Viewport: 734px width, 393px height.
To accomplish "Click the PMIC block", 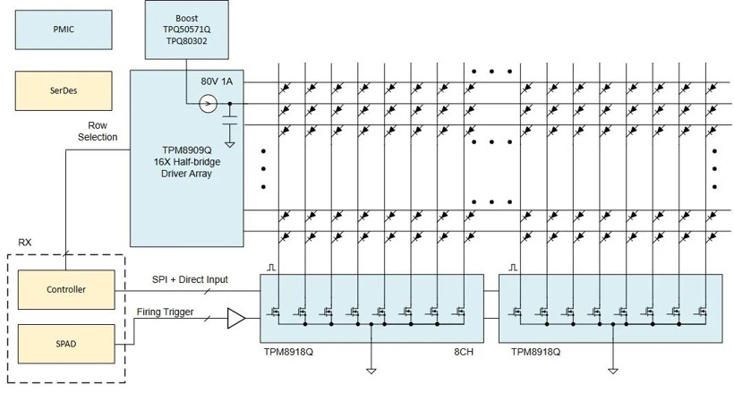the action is click(64, 30).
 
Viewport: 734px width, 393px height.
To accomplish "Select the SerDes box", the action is click(64, 91).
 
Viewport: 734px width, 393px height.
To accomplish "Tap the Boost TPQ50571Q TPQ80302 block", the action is click(187, 30).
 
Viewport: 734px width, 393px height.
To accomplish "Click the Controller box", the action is click(66, 289).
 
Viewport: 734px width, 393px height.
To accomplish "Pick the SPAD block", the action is click(66, 344).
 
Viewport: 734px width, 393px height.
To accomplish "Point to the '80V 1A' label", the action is click(217, 81).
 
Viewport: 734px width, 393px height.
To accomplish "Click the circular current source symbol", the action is click(208, 104).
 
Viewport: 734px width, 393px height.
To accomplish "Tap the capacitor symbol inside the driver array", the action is click(229, 120).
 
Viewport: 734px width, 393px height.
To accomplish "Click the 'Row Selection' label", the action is click(98, 132).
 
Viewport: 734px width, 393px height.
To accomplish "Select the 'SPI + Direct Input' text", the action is click(190, 279).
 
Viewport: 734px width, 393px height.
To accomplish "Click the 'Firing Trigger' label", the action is click(165, 312).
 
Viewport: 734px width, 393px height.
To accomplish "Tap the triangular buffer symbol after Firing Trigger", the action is click(236, 319).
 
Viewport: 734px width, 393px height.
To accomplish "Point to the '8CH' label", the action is click(464, 352).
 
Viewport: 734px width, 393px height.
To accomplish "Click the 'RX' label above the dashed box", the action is click(25, 243).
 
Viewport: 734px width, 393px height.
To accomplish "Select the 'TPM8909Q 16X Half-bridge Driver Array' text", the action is click(187, 162).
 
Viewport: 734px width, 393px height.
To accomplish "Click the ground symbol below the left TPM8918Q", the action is click(371, 372).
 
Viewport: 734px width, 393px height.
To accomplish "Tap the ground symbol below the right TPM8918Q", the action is click(613, 372).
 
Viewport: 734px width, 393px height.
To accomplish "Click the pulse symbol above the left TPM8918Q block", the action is click(271, 268).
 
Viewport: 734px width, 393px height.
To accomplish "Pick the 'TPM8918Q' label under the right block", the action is click(535, 352).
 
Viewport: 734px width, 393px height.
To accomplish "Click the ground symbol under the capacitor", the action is click(229, 145).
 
